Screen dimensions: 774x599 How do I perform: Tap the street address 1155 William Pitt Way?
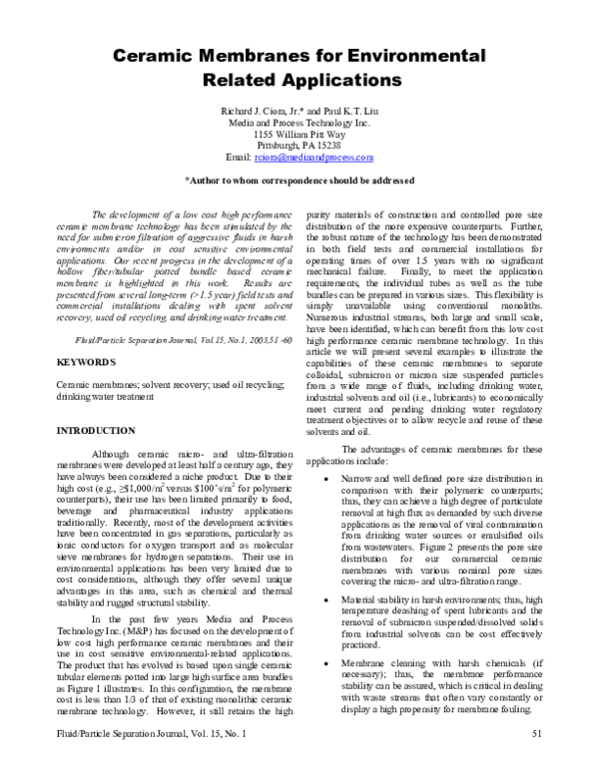[x=299, y=134]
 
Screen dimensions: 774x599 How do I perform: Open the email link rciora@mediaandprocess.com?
[x=313, y=158]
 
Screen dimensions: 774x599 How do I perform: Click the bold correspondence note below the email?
[x=299, y=181]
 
